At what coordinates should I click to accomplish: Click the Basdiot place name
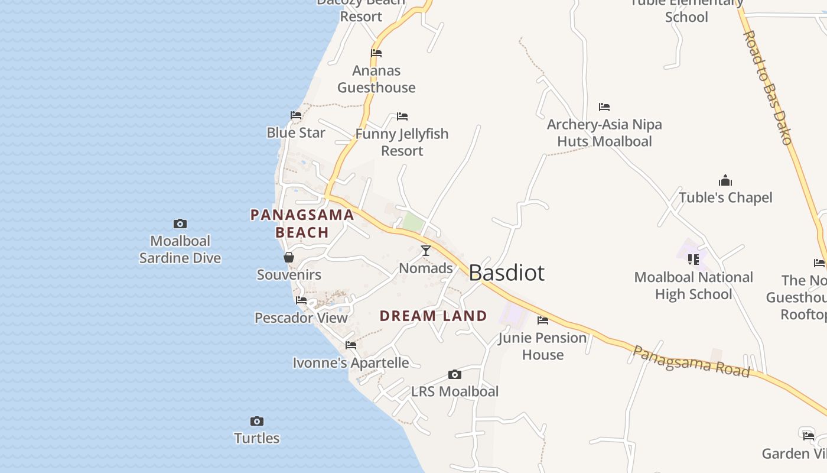click(506, 273)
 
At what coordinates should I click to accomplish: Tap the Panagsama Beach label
click(302, 223)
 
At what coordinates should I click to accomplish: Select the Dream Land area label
click(433, 316)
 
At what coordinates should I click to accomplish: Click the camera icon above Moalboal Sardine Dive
click(180, 223)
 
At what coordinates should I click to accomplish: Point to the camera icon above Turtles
click(256, 421)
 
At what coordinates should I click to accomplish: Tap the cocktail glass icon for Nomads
click(425, 251)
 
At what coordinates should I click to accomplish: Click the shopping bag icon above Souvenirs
click(289, 257)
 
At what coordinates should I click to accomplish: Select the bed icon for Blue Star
click(296, 115)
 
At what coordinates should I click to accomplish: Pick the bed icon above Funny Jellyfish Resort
click(402, 116)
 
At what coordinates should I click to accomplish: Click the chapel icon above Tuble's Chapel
click(725, 180)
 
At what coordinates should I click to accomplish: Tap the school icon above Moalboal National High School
click(693, 259)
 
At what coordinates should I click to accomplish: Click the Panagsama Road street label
click(691, 361)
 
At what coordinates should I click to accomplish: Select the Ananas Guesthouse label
click(376, 79)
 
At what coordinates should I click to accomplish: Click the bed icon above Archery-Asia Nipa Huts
click(604, 107)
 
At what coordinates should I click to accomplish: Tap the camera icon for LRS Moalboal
click(454, 374)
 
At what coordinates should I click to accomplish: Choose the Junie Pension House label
click(542, 346)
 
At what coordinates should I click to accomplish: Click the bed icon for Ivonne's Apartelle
click(351, 345)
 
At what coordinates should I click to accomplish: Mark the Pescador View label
click(301, 318)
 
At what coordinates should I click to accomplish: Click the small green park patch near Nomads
click(413, 223)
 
